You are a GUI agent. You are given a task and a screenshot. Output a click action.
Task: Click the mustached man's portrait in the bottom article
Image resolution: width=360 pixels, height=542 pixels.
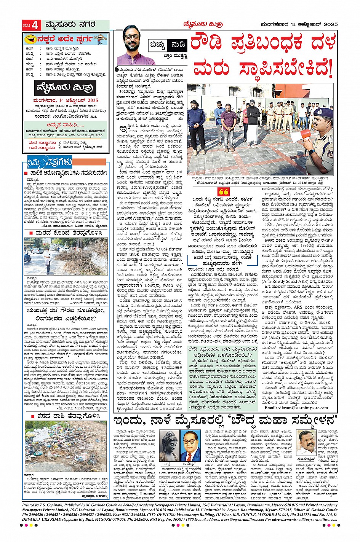pos(307,443)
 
